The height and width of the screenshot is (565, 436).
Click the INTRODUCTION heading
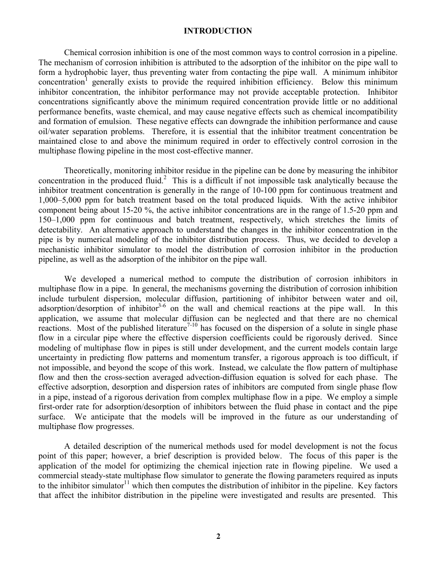[218, 31]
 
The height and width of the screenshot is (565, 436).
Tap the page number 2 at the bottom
[218, 536]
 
